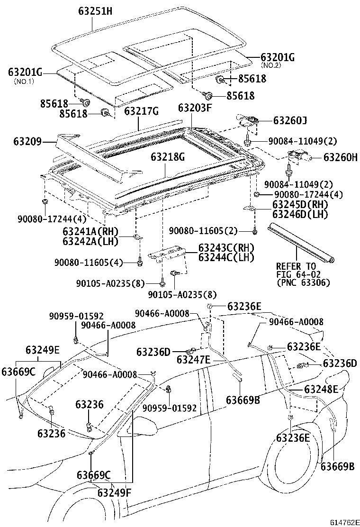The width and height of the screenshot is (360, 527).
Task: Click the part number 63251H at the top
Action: point(95,11)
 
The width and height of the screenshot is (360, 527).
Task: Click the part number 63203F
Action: point(195,108)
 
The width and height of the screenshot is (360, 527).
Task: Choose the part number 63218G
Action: point(168,156)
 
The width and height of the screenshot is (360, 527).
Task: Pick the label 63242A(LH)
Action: point(90,241)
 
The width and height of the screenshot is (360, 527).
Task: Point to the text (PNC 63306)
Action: point(303,283)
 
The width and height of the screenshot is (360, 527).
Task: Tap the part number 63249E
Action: point(43,350)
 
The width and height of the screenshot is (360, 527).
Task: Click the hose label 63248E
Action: point(321,390)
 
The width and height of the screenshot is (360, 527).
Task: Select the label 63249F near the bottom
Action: point(114,492)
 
